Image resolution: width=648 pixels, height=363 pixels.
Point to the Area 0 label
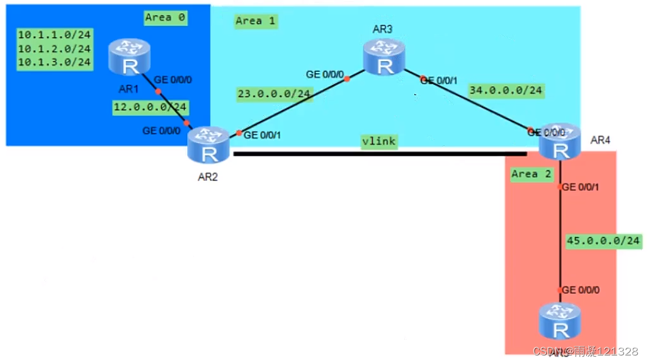[165, 18]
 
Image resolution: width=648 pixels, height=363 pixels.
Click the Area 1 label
[256, 21]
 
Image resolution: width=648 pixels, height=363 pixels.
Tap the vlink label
[378, 141]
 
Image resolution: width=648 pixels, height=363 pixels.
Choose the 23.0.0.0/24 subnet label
[275, 95]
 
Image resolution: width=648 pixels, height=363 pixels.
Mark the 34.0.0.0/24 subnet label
[505, 91]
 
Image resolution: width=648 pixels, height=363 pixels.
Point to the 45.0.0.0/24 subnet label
[603, 241]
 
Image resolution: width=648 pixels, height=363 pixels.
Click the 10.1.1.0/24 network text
[55, 35]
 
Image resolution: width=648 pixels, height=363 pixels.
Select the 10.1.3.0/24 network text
[55, 62]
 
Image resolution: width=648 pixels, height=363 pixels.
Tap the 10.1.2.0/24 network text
[55, 49]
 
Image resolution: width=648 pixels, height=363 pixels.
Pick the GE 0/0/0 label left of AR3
[325, 74]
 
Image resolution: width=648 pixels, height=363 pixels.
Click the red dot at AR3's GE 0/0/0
[347, 79]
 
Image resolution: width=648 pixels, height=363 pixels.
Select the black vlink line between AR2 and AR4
[378, 153]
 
